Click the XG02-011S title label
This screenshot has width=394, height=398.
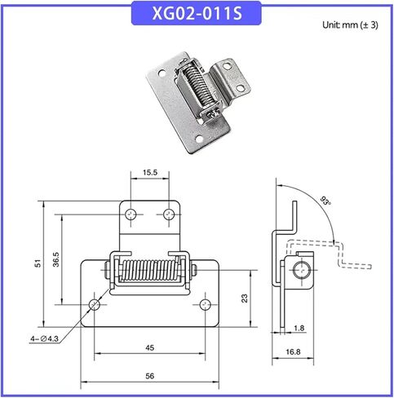[197, 14]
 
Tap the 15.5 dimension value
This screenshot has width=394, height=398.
[149, 174]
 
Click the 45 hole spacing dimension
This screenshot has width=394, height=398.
[149, 347]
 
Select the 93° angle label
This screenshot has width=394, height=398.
[326, 201]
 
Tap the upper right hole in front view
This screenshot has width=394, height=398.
[169, 214]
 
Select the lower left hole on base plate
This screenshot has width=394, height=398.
[95, 305]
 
